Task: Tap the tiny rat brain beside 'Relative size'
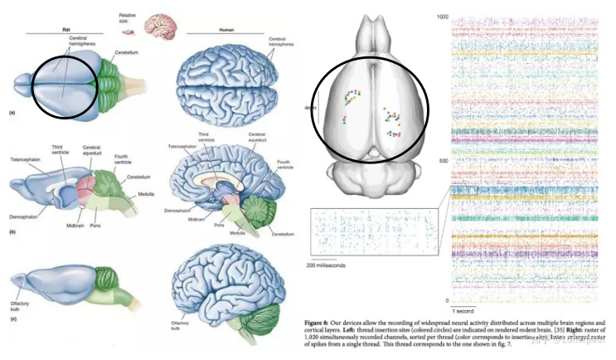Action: [x=128, y=32]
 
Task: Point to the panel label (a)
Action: [x=12, y=111]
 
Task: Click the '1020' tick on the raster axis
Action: [x=442, y=17]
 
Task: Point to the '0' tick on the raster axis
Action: [x=446, y=300]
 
